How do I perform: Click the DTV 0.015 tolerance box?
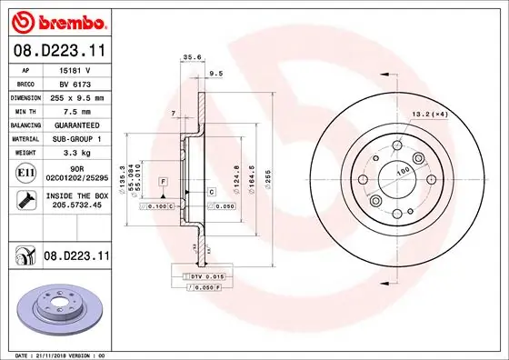205,275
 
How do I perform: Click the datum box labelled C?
210,192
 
